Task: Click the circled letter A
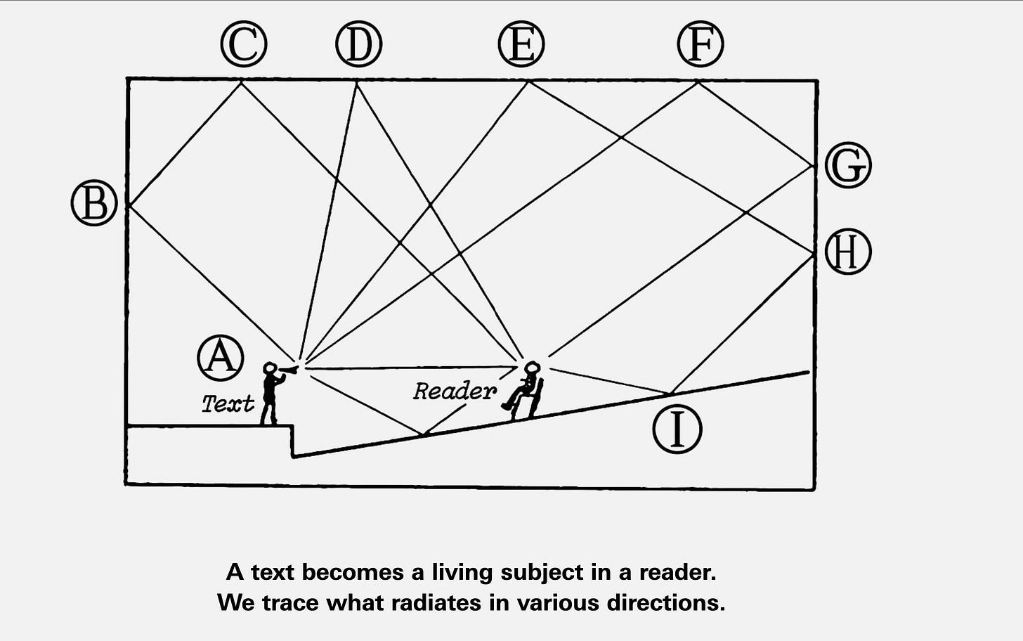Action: tap(221, 357)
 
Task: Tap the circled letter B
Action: tap(94, 203)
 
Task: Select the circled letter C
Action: tap(243, 44)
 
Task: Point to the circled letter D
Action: tap(358, 44)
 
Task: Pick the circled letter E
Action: tap(521, 44)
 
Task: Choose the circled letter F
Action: tap(701, 44)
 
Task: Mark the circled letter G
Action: tap(848, 165)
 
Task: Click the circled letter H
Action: tap(848, 252)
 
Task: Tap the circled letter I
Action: tap(677, 429)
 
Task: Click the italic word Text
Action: tap(228, 403)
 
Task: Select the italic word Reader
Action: tap(454, 391)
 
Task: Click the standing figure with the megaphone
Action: tap(271, 394)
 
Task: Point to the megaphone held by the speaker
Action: tap(288, 369)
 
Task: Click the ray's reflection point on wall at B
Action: tap(128, 205)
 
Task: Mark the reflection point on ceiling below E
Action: tap(528, 82)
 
